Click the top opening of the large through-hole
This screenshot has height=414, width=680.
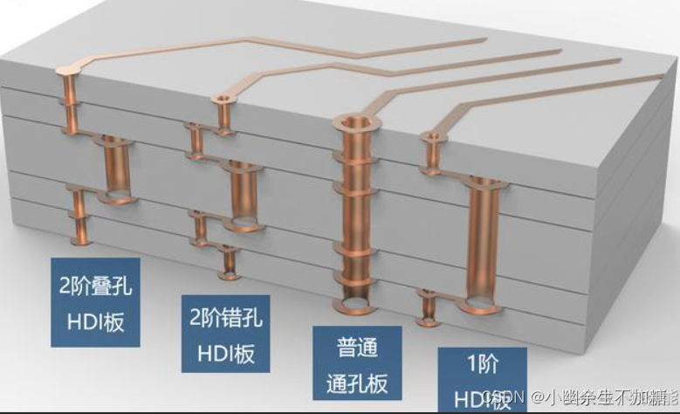click(353, 121)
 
